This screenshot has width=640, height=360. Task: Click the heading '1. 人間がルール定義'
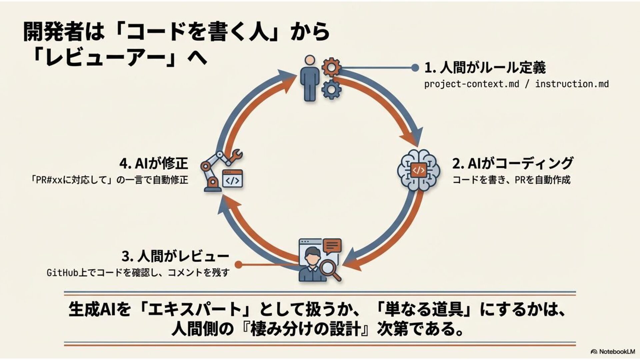tap(485, 68)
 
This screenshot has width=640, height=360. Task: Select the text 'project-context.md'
tap(471, 84)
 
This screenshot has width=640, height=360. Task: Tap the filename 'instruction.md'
tap(572, 84)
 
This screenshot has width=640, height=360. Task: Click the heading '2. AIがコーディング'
tap(512, 163)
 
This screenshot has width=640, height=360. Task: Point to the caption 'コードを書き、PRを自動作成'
tap(511, 180)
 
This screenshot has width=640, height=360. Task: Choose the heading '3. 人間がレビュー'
tap(175, 256)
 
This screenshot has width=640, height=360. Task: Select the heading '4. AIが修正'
tap(154, 163)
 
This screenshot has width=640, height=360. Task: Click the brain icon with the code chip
tap(418, 170)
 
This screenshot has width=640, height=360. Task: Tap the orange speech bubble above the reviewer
tap(332, 246)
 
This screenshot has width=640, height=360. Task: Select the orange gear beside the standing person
tap(331, 68)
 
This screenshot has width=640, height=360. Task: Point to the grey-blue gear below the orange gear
tap(331, 89)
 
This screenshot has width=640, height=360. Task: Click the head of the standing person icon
tap(310, 60)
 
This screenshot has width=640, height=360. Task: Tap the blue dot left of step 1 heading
tap(415, 68)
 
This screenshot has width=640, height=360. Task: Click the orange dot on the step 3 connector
tap(238, 265)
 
